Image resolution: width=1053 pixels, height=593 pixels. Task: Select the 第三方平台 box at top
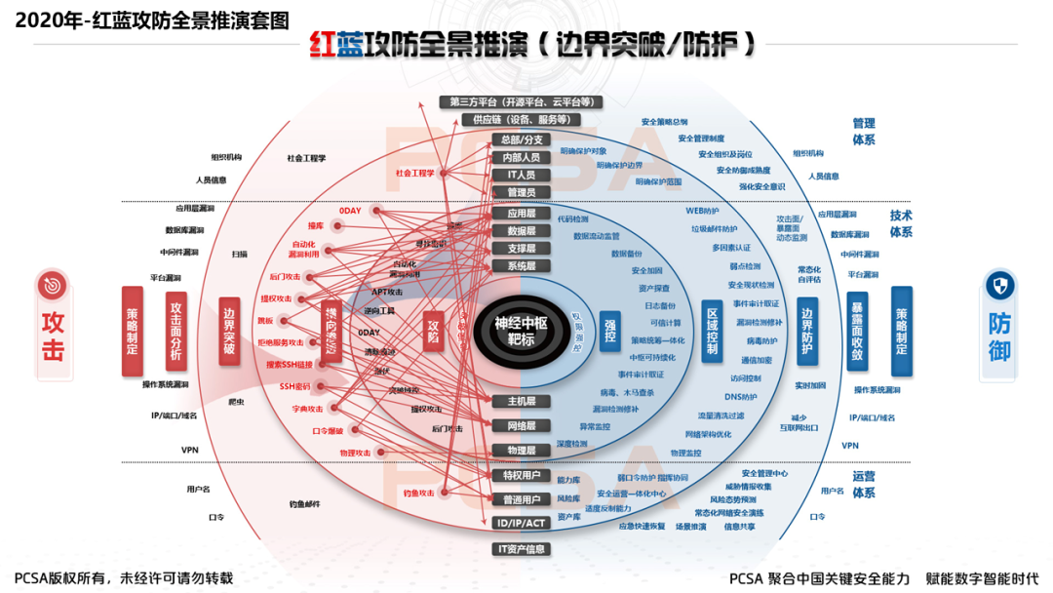click(x=521, y=101)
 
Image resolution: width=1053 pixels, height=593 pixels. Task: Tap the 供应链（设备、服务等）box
click(x=521, y=119)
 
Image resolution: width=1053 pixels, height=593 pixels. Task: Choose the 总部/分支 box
click(x=521, y=139)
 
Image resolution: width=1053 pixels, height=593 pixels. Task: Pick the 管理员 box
click(x=521, y=192)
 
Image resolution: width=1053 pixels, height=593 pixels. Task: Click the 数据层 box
click(x=521, y=231)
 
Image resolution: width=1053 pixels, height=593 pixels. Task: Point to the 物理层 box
click(x=521, y=451)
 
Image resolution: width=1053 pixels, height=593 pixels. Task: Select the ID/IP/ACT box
click(x=521, y=523)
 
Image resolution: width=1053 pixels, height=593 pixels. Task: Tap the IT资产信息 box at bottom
click(x=521, y=549)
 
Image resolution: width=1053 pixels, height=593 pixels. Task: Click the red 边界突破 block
click(x=229, y=332)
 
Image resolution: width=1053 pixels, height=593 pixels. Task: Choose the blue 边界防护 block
click(x=806, y=332)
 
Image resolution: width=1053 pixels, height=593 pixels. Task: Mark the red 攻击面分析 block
click(x=175, y=332)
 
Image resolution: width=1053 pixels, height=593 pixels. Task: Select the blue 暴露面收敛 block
click(x=857, y=332)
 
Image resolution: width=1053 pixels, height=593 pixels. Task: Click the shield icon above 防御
click(x=1001, y=285)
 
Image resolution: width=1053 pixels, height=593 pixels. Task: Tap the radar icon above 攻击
click(x=53, y=285)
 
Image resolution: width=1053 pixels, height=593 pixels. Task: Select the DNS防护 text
click(x=741, y=397)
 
